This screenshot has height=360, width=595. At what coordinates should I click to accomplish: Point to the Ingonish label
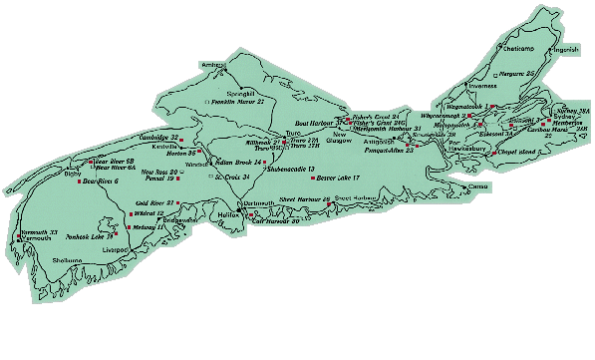click(x=564, y=49)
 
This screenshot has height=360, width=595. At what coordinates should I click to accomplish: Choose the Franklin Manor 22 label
click(x=238, y=102)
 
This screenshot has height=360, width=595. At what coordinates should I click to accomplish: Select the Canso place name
click(x=478, y=185)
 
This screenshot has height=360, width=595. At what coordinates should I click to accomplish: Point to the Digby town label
click(x=72, y=173)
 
